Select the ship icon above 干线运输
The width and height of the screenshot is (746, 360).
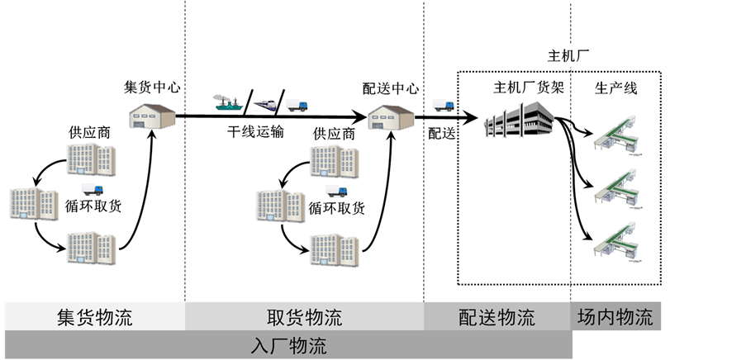[227, 102]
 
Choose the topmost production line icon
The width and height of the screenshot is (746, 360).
[620, 133]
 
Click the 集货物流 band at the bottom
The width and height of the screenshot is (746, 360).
[94, 317]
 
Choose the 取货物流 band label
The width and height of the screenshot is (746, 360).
[304, 317]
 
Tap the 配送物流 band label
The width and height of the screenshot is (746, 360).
[497, 317]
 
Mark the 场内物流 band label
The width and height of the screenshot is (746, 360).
[615, 317]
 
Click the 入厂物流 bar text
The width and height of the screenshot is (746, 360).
[288, 345]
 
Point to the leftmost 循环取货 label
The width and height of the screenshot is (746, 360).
[93, 206]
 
